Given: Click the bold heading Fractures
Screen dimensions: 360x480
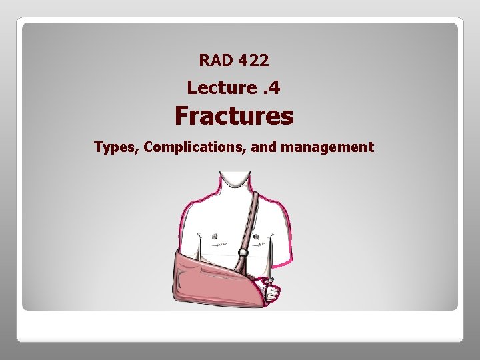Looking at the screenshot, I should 233,116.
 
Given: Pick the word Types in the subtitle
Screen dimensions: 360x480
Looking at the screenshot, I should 115,147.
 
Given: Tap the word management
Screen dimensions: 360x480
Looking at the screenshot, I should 327,147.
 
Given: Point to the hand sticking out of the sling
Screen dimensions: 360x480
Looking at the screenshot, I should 271,291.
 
